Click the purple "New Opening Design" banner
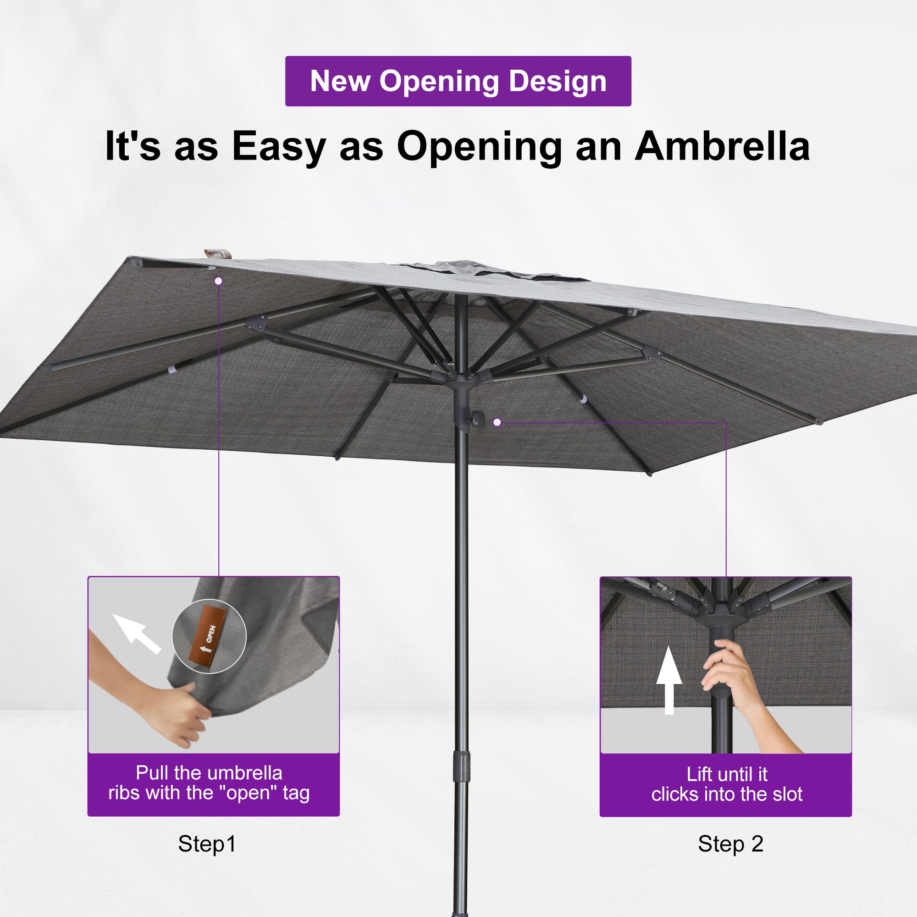[x=458, y=81]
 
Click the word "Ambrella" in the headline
[x=723, y=146]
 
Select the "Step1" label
[x=207, y=844]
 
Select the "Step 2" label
[x=730, y=844]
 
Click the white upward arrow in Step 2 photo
[x=669, y=680]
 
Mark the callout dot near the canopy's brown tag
[x=218, y=282]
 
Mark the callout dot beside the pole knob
[x=497, y=422]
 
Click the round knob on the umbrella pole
[x=476, y=418]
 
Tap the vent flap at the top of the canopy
[x=494, y=270]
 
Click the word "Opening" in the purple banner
[x=439, y=82]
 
